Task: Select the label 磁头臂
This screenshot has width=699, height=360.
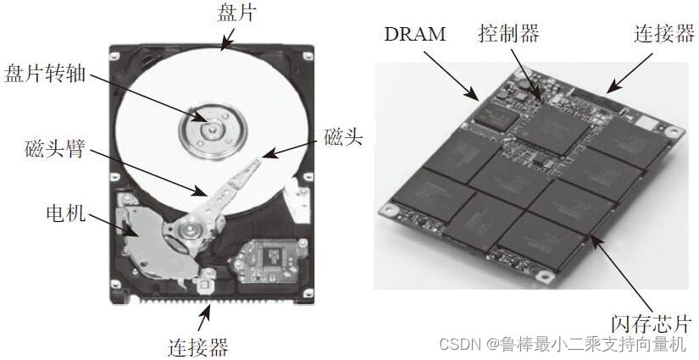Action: pos(53,152)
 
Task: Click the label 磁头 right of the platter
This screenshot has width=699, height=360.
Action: pos(343,136)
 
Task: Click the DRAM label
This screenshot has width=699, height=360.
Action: pos(415,36)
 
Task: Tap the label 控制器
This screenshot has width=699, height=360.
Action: pos(508,34)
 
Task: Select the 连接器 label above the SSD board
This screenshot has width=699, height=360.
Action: pos(663,34)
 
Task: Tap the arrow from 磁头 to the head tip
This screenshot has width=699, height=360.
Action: pos(293,147)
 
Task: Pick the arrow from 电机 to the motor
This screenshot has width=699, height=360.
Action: pos(107,221)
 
